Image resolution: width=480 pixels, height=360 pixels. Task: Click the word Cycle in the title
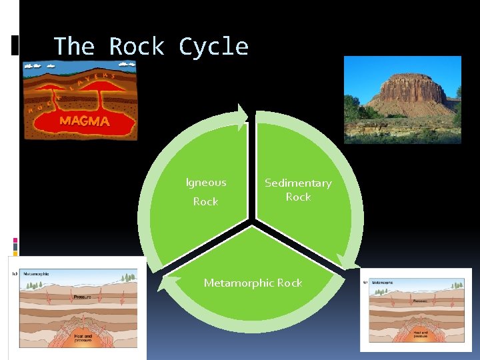click(x=213, y=47)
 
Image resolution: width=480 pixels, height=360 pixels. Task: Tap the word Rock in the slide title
click(x=137, y=47)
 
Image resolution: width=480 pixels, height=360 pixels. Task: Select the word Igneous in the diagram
click(x=206, y=182)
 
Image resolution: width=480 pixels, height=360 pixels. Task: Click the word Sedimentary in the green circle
click(x=298, y=183)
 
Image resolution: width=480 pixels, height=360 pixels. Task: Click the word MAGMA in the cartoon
click(x=84, y=121)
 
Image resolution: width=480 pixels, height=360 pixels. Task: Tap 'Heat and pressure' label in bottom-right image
click(x=420, y=333)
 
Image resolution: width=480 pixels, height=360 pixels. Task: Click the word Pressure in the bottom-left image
click(x=83, y=297)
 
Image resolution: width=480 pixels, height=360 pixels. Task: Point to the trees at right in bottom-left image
click(x=127, y=277)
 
